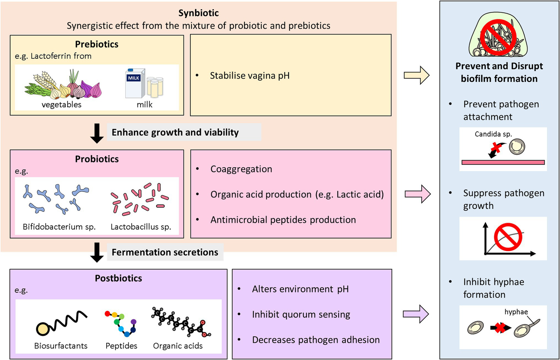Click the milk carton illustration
pyautogui.click(x=135, y=83)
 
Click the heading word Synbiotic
pyautogui.click(x=198, y=13)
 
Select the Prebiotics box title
pyautogui.click(x=97, y=44)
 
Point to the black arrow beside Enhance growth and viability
pyautogui.click(x=97, y=133)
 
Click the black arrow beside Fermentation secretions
pyautogui.click(x=97, y=252)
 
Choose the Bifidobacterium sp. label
pyautogui.click(x=59, y=227)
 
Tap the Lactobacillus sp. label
pyautogui.click(x=141, y=227)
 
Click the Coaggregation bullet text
pyautogui.click(x=241, y=169)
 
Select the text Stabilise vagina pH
pyautogui.click(x=250, y=76)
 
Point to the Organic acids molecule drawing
pyautogui.click(x=181, y=321)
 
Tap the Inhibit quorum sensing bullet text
pyautogui.click(x=301, y=314)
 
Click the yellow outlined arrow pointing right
pyautogui.click(x=417, y=75)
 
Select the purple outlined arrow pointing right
pyautogui.click(x=416, y=314)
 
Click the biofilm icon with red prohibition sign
pyautogui.click(x=498, y=36)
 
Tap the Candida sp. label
pyautogui.click(x=493, y=134)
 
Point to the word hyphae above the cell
pyautogui.click(x=516, y=312)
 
